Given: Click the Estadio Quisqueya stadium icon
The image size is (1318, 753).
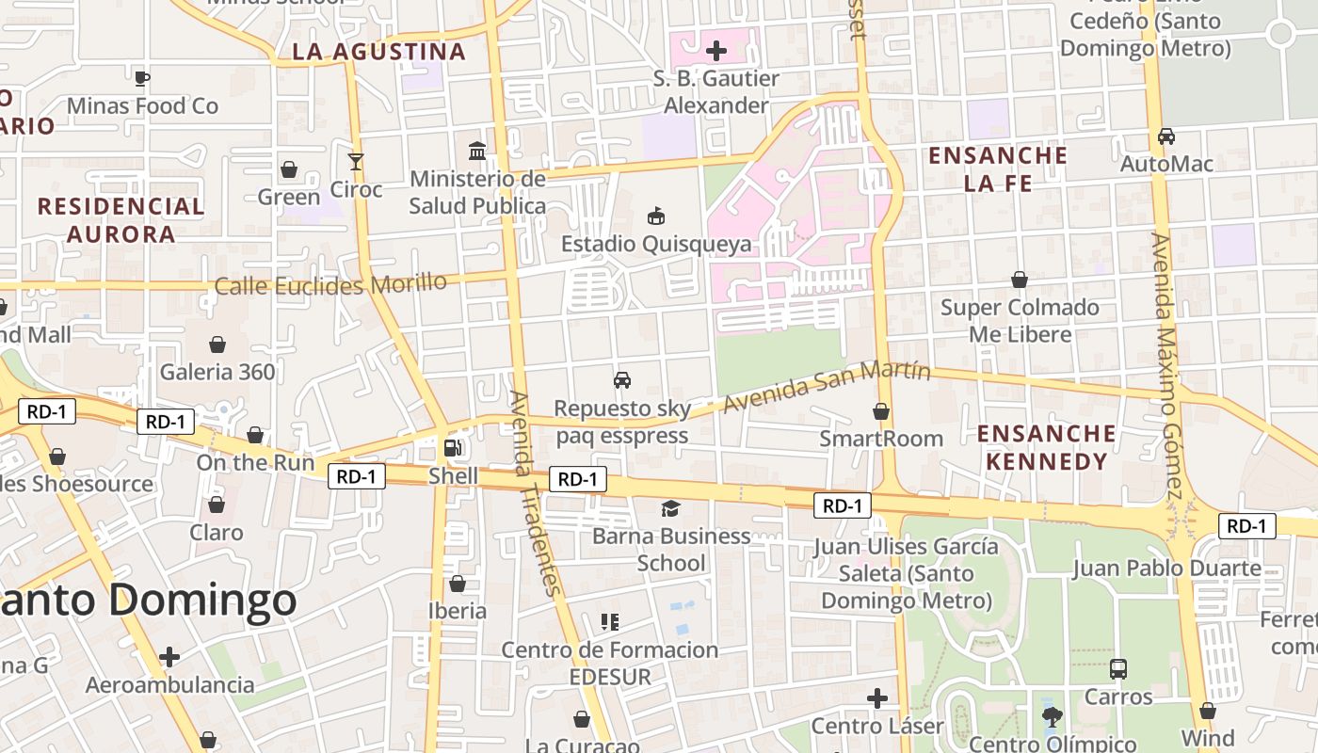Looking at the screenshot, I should click(x=656, y=216).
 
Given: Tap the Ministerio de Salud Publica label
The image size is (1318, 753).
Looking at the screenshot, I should click(x=477, y=192).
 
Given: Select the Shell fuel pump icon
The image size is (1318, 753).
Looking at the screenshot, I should click(x=453, y=448).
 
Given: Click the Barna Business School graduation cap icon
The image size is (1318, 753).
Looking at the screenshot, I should click(x=670, y=509).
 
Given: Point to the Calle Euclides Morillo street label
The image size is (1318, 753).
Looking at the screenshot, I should click(x=330, y=284).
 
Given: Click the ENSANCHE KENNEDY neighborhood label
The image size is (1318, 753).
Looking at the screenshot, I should click(x=1046, y=447).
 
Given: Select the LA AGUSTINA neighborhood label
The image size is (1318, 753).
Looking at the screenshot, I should click(x=378, y=52).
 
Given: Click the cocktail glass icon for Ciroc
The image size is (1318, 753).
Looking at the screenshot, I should click(x=356, y=162).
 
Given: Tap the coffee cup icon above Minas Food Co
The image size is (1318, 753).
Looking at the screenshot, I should click(x=142, y=78).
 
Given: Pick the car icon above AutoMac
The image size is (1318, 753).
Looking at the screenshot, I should click(x=1166, y=136).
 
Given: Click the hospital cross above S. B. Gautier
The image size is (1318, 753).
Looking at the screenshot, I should click(x=716, y=51).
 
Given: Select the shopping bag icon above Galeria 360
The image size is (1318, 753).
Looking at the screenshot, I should click(x=217, y=344).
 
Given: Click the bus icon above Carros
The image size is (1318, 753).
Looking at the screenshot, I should click(x=1118, y=669).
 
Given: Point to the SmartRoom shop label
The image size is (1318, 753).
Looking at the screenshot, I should click(x=881, y=439).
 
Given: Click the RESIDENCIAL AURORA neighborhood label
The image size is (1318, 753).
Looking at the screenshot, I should click(x=121, y=220).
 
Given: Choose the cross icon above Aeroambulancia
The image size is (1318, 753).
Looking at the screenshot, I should click(x=169, y=656).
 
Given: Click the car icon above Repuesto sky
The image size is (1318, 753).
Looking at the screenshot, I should click(x=622, y=380).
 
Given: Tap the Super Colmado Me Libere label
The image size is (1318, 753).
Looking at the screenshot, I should click(x=1020, y=321).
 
